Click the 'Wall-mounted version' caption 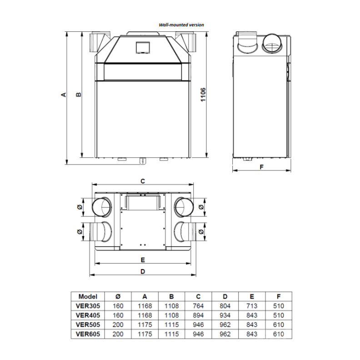click(x=181, y=25)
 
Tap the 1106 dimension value click(x=203, y=95)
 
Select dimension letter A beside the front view click(x=64, y=95)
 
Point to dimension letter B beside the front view click(x=79, y=95)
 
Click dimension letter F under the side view click(x=261, y=167)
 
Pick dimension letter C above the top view click(x=143, y=181)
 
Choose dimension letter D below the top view click(x=143, y=272)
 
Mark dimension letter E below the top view click(x=143, y=260)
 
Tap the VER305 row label click(x=88, y=306)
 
